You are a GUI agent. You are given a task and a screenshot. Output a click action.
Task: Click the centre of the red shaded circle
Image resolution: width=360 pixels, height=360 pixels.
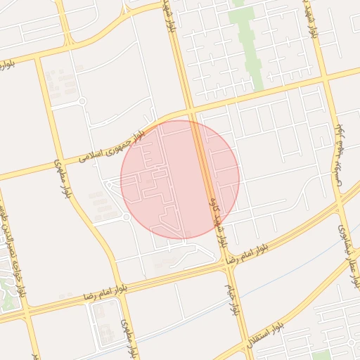click(x=180, y=179)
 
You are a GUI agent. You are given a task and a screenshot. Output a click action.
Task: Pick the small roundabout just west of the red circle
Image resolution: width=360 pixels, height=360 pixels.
click(x=125, y=217)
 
